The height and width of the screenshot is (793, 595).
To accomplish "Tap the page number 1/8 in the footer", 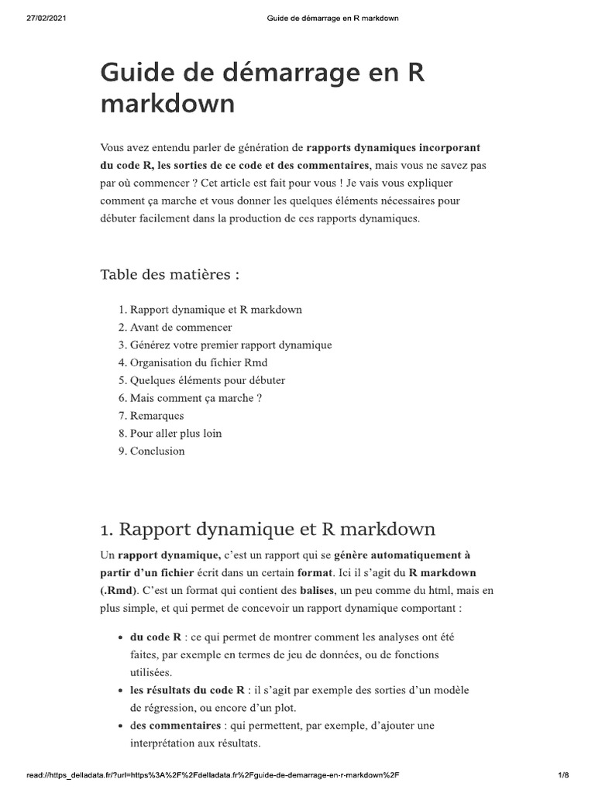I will (x=563, y=774).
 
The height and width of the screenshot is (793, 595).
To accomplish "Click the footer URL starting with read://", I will (x=212, y=774).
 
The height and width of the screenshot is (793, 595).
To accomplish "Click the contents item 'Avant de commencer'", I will (x=181, y=328).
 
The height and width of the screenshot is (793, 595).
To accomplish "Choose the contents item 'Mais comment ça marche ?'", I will (x=196, y=398).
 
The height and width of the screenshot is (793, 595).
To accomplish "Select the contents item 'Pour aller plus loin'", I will (x=175, y=434).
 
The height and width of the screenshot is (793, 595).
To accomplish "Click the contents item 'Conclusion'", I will (x=157, y=451).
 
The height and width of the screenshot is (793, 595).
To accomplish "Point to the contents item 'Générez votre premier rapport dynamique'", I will (x=230, y=345).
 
